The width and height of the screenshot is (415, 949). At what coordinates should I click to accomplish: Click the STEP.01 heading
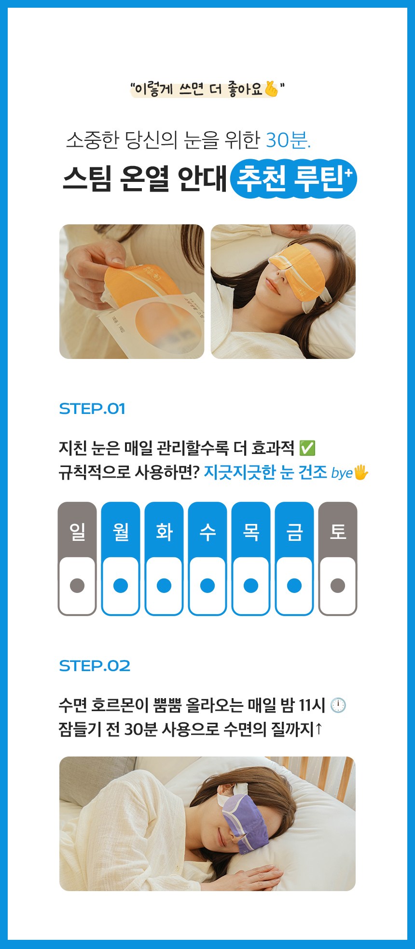92,409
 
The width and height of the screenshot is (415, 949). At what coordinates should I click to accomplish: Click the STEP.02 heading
95,666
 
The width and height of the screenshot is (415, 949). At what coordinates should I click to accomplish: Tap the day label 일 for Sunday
77,532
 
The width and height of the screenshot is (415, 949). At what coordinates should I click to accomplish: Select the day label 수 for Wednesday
207,532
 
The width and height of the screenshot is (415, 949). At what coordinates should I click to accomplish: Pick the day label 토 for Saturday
338,532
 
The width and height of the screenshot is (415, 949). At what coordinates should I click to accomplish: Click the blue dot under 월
121,585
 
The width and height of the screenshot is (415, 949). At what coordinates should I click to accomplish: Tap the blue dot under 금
294,585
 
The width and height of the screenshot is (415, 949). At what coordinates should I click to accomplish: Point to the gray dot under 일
77,585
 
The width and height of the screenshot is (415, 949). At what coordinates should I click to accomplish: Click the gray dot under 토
338,585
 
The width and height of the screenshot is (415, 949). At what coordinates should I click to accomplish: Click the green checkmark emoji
307,448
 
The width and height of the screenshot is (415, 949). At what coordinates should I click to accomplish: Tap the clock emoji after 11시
338,705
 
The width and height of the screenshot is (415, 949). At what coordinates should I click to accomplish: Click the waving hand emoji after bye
361,472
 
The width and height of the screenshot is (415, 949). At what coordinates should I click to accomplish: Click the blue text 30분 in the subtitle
289,140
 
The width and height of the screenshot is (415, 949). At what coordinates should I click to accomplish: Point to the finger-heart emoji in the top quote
272,89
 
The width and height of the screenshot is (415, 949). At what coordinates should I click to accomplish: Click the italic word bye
342,473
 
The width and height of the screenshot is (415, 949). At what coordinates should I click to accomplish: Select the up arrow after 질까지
318,729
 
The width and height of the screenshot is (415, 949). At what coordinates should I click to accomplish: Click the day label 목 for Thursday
251,532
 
